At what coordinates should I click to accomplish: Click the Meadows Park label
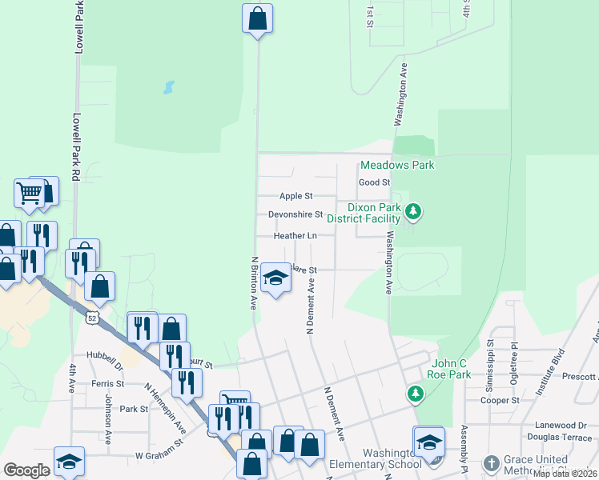pyautogui.click(x=397, y=165)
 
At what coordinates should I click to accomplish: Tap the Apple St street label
pyautogui.click(x=295, y=196)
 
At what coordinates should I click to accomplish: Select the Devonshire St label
pyautogui.click(x=295, y=214)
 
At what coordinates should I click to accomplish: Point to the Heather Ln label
pyautogui.click(x=295, y=236)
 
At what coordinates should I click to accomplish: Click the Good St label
pyautogui.click(x=374, y=182)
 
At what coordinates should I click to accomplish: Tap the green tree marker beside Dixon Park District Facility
pyautogui.click(x=413, y=212)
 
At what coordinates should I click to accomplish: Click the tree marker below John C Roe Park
pyautogui.click(x=415, y=392)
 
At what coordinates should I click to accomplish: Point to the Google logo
pyautogui.click(x=26, y=470)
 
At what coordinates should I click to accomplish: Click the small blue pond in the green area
pyautogui.click(x=168, y=86)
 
